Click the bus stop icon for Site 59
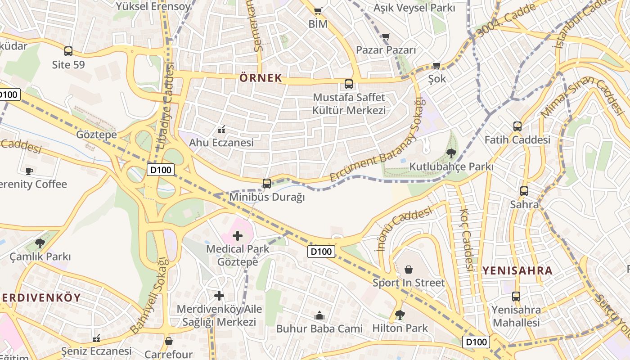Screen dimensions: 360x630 [68, 51]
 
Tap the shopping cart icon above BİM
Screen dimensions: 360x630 [318, 11]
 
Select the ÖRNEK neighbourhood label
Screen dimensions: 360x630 [261, 78]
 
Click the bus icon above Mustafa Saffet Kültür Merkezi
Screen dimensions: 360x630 [349, 84]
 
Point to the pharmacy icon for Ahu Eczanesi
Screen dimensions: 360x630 [221, 130]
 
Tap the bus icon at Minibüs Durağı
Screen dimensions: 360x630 [267, 184]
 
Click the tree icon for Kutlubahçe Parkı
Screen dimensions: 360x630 [451, 153]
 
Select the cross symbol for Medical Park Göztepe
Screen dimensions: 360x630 [237, 235]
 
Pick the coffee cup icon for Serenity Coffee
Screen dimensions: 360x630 [29, 171]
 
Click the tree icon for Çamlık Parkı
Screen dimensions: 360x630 [40, 243]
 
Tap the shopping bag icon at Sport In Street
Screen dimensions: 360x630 [409, 270]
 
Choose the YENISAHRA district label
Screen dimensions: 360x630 [517, 270]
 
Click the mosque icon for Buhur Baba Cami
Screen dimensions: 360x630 [319, 315]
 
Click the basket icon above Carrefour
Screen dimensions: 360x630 [169, 341]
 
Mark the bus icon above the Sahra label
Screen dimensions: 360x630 [524, 191]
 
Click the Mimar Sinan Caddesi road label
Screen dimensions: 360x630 [581, 97]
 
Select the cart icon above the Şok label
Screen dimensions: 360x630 [436, 65]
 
